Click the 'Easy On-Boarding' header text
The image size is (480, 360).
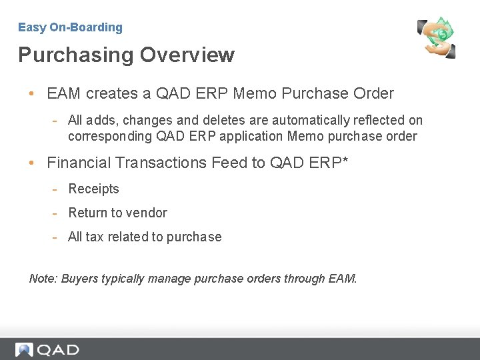click(x=70, y=27)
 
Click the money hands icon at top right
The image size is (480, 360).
click(x=436, y=37)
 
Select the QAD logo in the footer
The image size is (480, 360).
click(x=47, y=349)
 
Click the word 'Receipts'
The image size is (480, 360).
click(x=93, y=189)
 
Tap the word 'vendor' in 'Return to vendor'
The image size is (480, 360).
click(x=147, y=213)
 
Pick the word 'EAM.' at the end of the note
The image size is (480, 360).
click(x=343, y=279)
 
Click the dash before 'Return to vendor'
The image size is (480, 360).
click(x=56, y=213)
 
